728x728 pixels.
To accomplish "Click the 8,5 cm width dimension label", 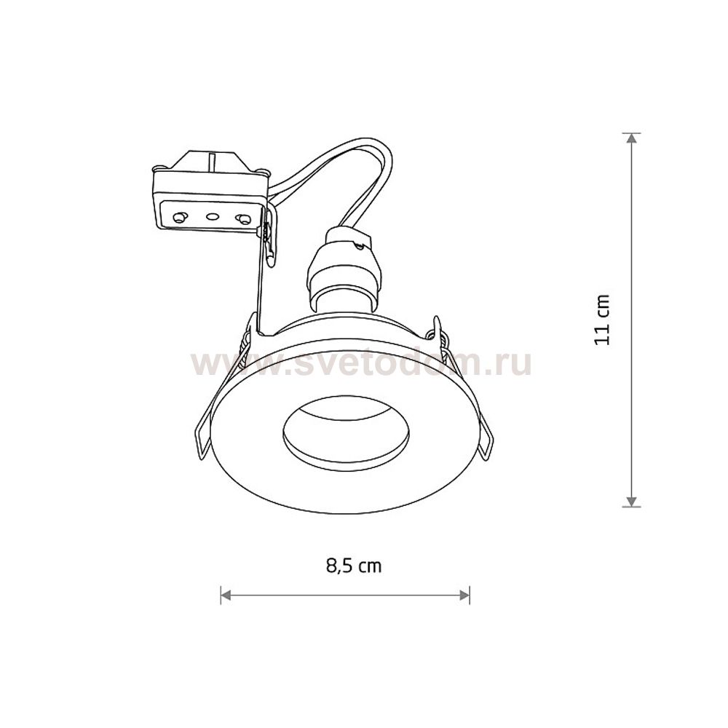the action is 354,566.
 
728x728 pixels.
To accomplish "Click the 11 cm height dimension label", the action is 602,320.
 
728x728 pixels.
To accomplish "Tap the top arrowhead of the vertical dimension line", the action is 630,139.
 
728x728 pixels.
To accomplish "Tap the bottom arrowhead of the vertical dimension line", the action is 630,501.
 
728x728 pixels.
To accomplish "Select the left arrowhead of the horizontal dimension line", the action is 226,595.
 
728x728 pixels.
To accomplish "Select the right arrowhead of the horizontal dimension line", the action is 464,595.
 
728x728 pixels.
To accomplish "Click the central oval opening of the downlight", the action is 345,433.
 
